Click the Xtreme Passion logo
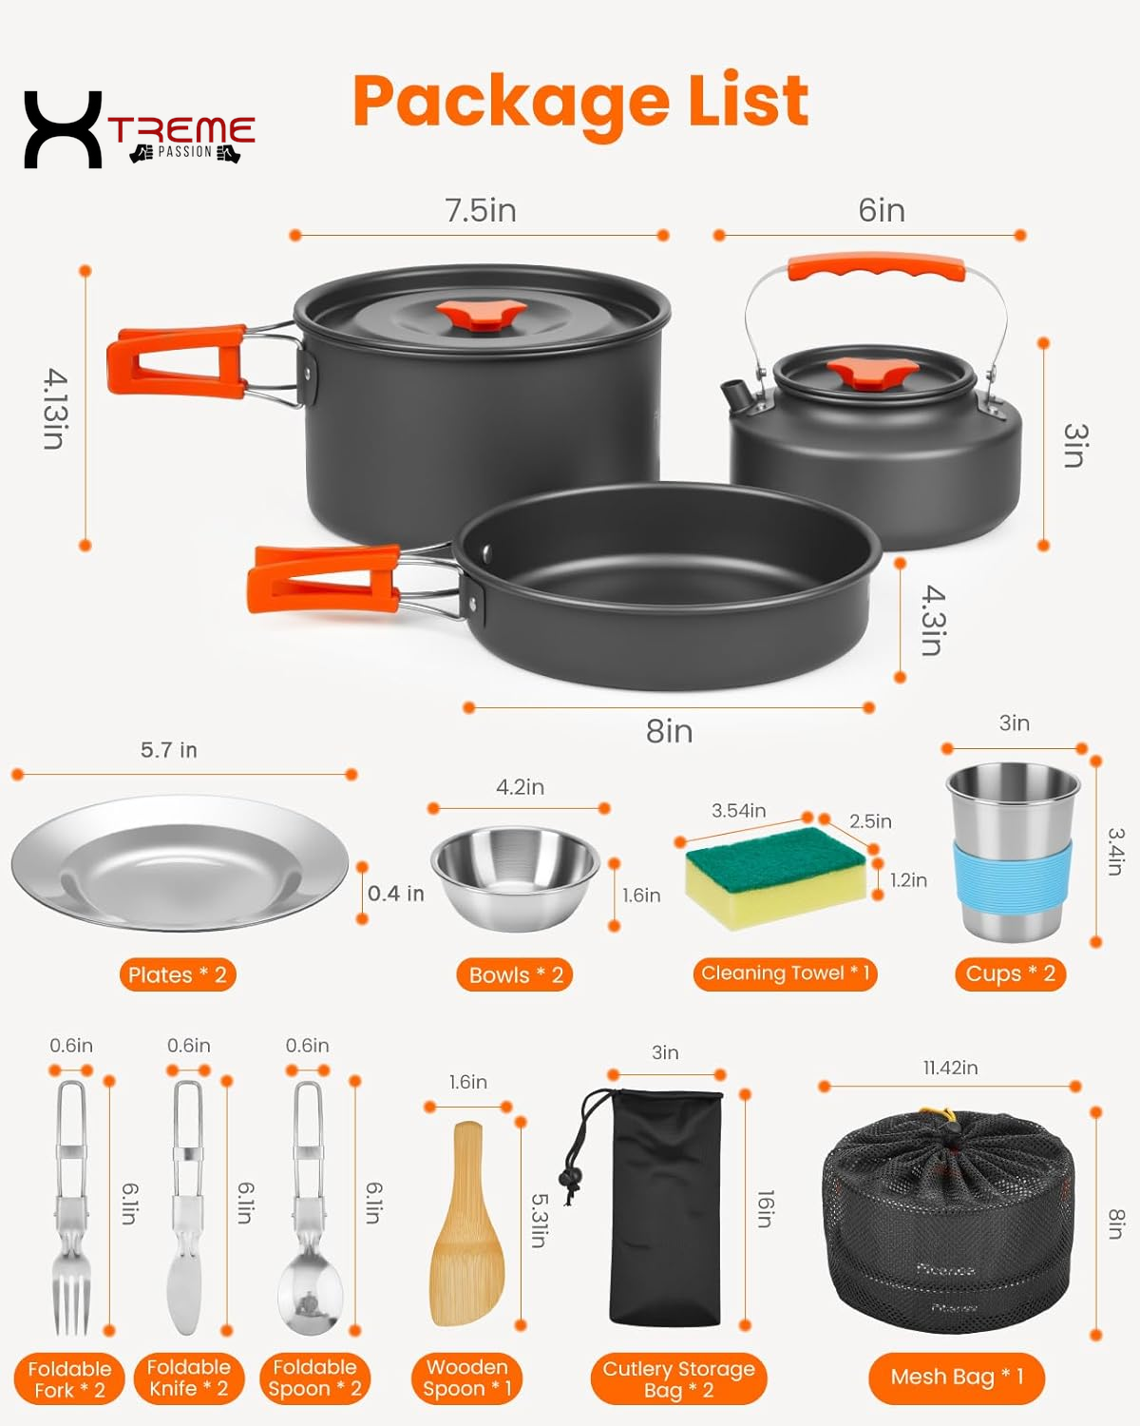coord(139,130)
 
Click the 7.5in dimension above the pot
coord(481,210)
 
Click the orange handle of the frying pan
coord(323,577)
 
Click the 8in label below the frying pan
coord(669,731)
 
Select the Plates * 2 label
coord(178,974)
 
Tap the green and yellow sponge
coord(774,875)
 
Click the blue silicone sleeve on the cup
coord(1012,875)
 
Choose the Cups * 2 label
coord(1010,973)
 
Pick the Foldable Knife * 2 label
coord(189,1378)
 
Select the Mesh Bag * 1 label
coord(956,1377)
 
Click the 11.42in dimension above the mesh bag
coord(950,1068)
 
